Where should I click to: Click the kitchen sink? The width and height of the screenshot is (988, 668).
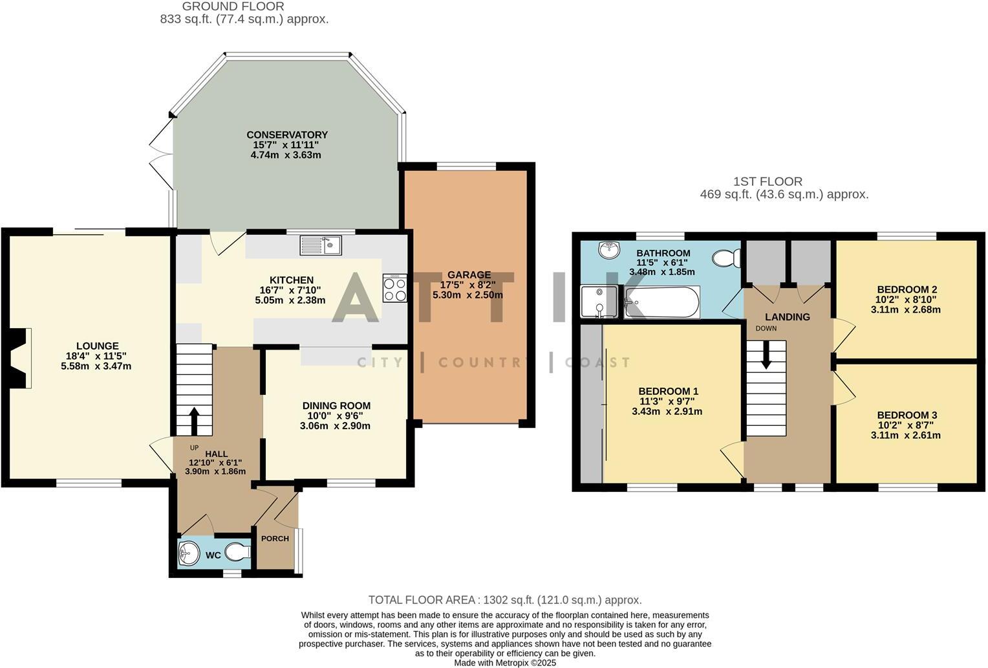[321, 245]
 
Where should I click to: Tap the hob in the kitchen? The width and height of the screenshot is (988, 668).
[395, 288]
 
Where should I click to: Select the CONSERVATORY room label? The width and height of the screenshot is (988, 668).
[287, 135]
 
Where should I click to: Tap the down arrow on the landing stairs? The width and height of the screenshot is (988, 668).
[766, 355]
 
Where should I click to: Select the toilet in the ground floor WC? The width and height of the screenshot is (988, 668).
[239, 553]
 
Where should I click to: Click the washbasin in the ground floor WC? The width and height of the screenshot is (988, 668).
[189, 553]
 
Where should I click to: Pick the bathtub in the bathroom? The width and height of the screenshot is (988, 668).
[661, 302]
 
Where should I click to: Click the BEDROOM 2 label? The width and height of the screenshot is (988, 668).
[907, 289]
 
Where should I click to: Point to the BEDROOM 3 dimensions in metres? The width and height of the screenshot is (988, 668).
[905, 435]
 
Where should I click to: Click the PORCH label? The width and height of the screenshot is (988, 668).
[275, 539]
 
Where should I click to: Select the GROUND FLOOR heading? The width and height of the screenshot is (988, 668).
[233, 6]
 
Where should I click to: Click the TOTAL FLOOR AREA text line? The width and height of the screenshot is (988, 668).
[504, 600]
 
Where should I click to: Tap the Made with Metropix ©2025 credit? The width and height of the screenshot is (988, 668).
[504, 663]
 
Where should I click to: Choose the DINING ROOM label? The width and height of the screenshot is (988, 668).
[336, 405]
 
